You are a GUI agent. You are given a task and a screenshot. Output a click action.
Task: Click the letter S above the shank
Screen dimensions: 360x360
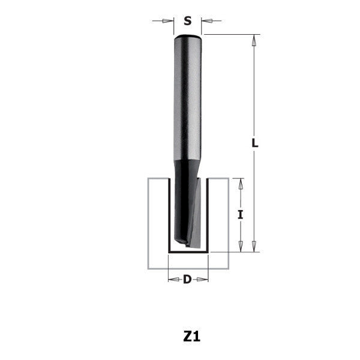click(187, 21)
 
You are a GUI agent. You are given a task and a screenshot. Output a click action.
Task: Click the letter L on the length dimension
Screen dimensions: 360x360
click(254, 143)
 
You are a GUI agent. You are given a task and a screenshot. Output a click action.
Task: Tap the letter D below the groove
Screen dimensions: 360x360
click(187, 279)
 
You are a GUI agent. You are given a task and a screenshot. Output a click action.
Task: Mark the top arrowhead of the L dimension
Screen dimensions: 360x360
click(254, 41)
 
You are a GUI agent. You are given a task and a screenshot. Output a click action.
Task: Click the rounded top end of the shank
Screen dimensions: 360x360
click(187, 38)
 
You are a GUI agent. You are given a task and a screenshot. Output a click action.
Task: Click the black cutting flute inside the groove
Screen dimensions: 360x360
click(180, 204)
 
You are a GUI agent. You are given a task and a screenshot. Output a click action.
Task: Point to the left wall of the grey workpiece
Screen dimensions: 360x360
click(158, 222)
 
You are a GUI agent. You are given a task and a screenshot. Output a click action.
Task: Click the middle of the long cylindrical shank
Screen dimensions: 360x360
click(187, 102)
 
